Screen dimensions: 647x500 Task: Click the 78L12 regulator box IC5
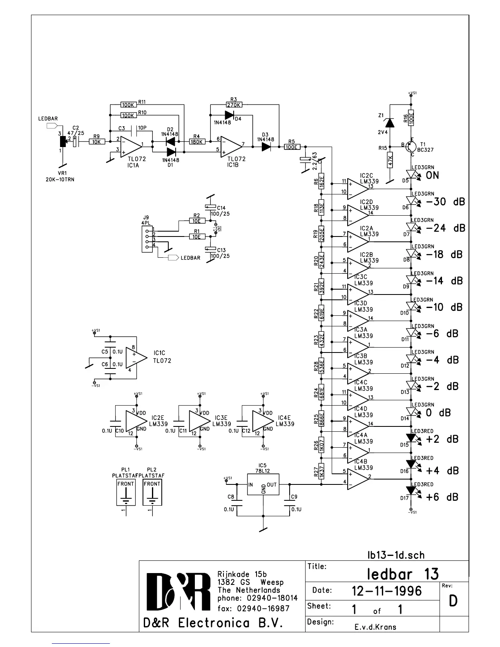pyautogui.click(x=263, y=485)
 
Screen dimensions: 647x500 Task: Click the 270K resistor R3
pyautogui.click(x=234, y=105)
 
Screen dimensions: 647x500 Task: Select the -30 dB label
pyautogui.click(x=445, y=202)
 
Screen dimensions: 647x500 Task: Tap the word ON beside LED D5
pyautogui.click(x=433, y=176)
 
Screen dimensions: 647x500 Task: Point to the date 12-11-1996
pyautogui.click(x=386, y=591)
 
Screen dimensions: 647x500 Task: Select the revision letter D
pyautogui.click(x=453, y=600)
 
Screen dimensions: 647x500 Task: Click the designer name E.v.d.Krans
pyautogui.click(x=375, y=627)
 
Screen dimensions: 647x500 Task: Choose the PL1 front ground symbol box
pyautogui.click(x=126, y=492)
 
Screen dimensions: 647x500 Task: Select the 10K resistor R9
pyautogui.click(x=97, y=142)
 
